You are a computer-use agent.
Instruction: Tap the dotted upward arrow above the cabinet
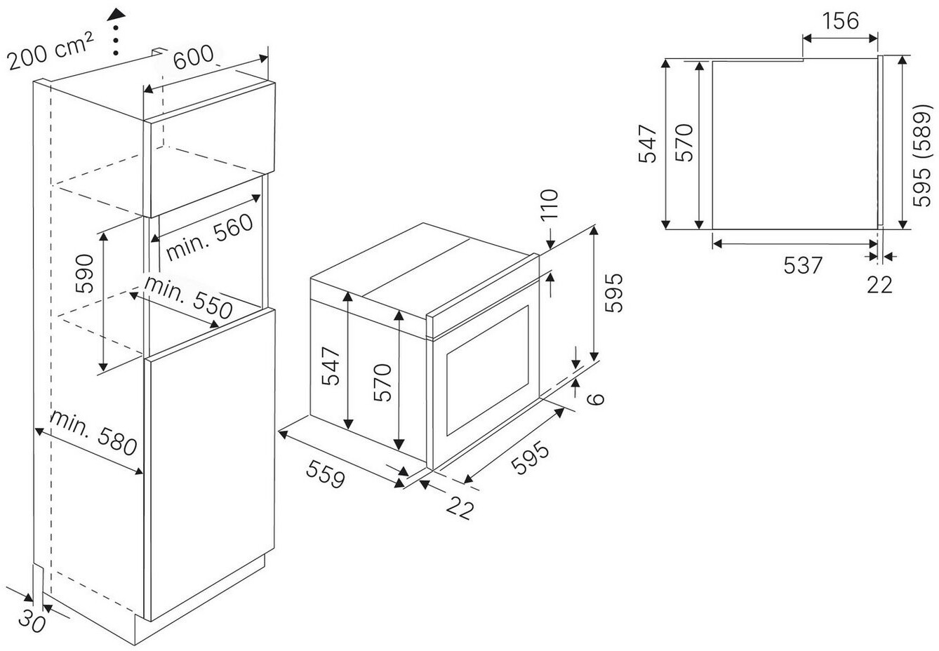coord(117,32)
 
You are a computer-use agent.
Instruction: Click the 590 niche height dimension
coord(84,274)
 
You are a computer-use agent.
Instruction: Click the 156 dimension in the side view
coord(840,20)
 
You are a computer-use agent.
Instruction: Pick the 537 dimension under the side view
coord(802,265)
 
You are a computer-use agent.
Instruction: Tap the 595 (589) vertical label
coord(922,156)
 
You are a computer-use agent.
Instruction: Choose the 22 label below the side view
coord(879,284)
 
